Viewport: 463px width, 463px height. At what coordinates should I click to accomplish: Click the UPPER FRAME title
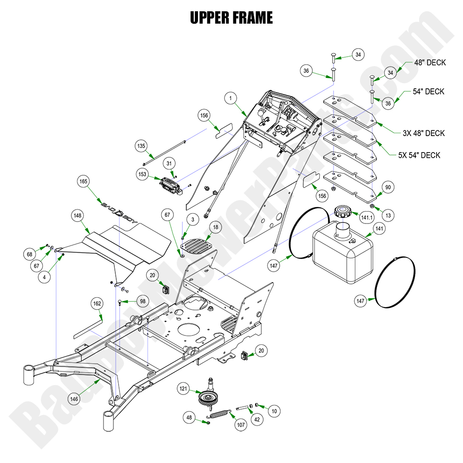[x=231, y=18]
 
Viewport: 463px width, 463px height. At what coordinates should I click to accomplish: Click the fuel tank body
[x=342, y=253]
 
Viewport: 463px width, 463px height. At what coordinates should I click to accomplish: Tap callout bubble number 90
[x=387, y=188]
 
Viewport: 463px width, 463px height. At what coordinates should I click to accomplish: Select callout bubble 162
[x=97, y=304]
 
